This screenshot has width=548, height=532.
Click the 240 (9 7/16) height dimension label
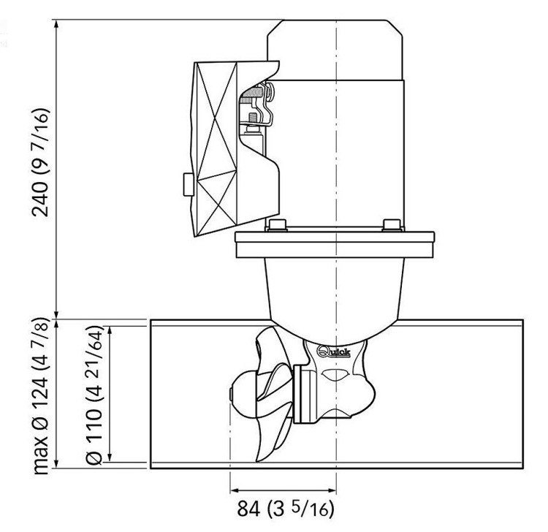pyautogui.click(x=40, y=162)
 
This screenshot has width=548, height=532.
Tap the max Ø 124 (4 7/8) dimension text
pyautogui.click(x=40, y=395)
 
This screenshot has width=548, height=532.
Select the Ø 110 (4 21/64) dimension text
pyautogui.click(x=94, y=395)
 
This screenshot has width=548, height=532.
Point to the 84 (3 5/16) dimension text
pyautogui.click(x=286, y=509)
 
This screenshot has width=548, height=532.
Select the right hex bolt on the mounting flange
pyautogui.click(x=392, y=225)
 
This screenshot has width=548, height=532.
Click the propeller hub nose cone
pyautogui.click(x=243, y=393)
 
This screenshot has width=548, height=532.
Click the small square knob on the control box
pyautogui.click(x=189, y=184)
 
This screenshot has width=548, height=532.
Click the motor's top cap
pyautogui.click(x=335, y=50)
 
